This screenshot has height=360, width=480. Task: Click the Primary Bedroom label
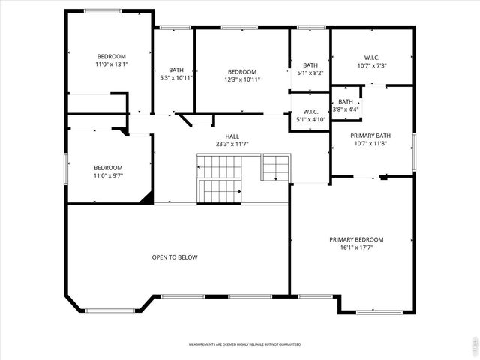[x=356, y=239]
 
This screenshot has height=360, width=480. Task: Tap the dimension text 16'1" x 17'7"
[x=356, y=247]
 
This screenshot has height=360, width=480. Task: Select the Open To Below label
[x=175, y=257]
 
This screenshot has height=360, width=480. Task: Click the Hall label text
[x=232, y=136]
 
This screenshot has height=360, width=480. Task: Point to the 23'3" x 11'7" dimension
[x=232, y=144]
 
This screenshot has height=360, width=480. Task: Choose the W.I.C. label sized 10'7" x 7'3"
[x=372, y=57]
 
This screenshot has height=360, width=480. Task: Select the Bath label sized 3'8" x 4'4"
[x=346, y=101]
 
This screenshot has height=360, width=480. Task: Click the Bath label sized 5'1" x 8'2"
[x=310, y=65]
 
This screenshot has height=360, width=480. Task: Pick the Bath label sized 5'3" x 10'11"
[x=176, y=70]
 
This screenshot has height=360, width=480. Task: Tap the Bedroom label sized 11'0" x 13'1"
[x=111, y=56]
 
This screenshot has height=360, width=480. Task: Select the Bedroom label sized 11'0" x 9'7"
[x=108, y=167]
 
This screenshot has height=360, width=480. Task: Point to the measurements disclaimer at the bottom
[x=244, y=344]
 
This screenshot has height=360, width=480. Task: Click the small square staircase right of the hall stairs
[x=274, y=168]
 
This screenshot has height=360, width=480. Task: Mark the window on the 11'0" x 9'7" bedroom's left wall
[x=66, y=167]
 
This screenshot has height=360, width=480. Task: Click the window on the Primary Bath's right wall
[x=413, y=152]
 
